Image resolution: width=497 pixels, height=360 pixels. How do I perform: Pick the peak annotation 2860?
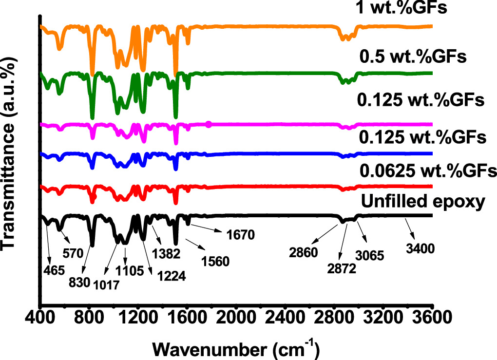pos(302,253)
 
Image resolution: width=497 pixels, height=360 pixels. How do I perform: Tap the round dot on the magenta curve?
pos(209,125)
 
